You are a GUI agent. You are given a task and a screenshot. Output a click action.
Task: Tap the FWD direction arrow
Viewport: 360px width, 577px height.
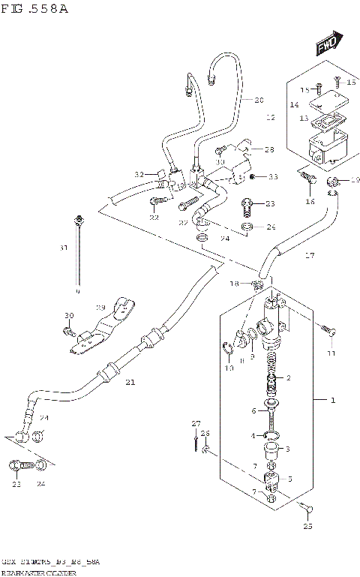[x=328, y=44]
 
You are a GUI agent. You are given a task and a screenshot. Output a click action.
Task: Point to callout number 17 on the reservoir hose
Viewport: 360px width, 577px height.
[x=309, y=255]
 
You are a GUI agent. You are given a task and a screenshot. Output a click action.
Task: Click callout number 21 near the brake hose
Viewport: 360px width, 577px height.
[x=130, y=382]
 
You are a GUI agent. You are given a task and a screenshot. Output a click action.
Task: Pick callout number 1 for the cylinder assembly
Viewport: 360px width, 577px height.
[x=333, y=400]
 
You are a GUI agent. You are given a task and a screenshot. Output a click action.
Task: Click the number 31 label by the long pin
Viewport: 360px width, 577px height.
[x=64, y=248]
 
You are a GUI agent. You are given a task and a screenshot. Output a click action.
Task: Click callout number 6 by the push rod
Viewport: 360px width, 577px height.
[x=255, y=410]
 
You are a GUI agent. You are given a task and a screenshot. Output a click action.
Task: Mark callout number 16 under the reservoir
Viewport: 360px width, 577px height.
[x=310, y=202]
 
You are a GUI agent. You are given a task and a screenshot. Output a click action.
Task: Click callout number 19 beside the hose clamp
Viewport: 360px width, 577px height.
[x=355, y=180]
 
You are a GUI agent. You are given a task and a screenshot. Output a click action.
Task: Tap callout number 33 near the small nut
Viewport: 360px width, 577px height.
[x=273, y=177]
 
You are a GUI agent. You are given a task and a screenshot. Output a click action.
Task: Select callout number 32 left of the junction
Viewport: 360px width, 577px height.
[x=139, y=174]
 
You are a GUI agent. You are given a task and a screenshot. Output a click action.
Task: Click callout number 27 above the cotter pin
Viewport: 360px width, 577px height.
[x=196, y=425]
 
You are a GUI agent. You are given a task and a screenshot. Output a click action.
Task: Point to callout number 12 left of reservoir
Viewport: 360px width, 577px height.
[x=271, y=118]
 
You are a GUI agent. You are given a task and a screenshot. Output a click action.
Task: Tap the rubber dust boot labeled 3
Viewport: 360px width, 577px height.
[x=271, y=452]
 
